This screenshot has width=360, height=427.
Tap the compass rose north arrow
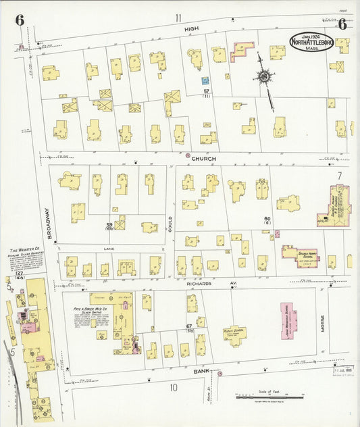tap(263, 78)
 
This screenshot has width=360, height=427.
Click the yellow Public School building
tap(234, 334)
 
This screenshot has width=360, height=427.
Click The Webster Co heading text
tap(25, 251)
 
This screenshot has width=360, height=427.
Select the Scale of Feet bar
tap(269, 397)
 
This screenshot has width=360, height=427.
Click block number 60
tap(267, 219)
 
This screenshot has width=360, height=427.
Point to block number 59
tap(108, 225)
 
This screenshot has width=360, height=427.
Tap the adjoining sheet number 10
tap(174, 387)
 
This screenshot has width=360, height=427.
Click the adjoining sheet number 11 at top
tap(178, 18)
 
